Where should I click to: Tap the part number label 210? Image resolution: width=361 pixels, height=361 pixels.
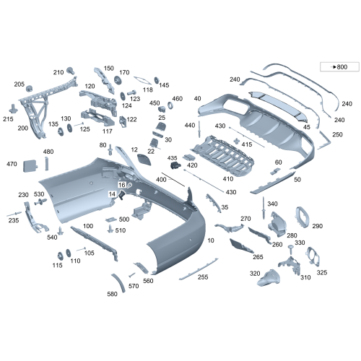tap(58, 72)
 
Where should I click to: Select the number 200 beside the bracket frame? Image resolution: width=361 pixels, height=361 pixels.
tap(22, 128)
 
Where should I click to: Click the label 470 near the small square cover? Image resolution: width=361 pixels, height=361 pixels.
tap(12, 165)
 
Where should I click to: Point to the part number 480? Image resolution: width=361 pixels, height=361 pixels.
tap(48, 152)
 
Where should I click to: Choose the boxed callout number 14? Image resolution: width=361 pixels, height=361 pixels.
tap(113, 195)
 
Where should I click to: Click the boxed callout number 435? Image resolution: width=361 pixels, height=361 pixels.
tap(173, 157)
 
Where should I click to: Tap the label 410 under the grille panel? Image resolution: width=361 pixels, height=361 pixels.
tap(228, 178)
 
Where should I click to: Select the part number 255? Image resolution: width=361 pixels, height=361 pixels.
tap(203, 277)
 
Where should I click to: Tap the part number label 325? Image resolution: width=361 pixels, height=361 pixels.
tap(322, 272)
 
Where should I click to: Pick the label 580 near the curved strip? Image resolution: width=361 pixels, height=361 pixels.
tap(112, 294)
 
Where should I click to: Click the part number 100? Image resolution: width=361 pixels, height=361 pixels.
tap(88, 226)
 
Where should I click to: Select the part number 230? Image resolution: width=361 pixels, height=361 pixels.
tap(23, 195)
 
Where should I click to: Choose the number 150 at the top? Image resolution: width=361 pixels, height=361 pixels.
tap(109, 69)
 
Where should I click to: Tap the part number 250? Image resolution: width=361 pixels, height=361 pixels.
tap(337, 134)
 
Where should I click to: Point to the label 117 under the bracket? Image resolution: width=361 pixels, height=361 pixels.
tap(107, 131)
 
